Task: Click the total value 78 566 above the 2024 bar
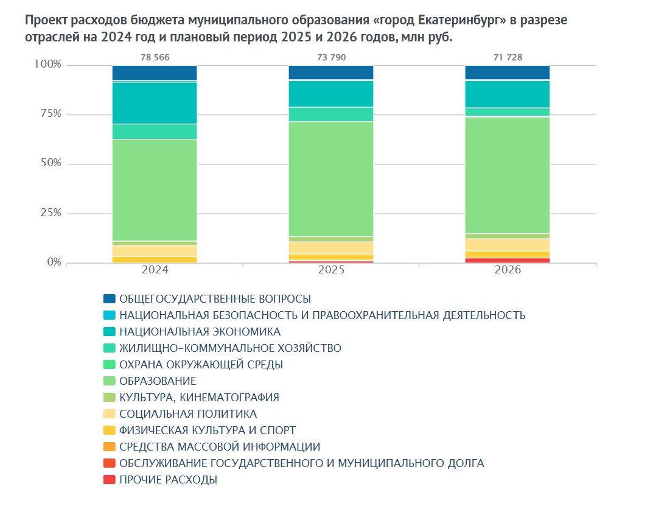(155, 58)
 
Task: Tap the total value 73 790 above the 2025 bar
(331, 58)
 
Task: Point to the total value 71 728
(508, 58)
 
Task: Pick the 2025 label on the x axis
(331, 270)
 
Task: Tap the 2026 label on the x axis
(508, 270)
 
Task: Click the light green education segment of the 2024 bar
(155, 190)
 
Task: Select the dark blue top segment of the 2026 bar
(508, 72)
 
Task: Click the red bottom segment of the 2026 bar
(508, 260)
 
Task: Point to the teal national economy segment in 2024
(155, 103)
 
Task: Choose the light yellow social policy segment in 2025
(331, 247)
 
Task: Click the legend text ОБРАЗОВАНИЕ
(158, 381)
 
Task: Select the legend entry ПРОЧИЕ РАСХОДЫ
(168, 480)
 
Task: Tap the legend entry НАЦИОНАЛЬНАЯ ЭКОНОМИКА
(200, 332)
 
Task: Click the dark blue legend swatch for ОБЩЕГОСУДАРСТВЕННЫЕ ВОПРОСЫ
(110, 299)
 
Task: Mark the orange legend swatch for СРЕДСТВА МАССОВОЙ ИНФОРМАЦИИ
(110, 447)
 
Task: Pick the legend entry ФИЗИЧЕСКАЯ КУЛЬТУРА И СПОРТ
(208, 430)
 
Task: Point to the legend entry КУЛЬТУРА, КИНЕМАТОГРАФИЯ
(199, 398)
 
